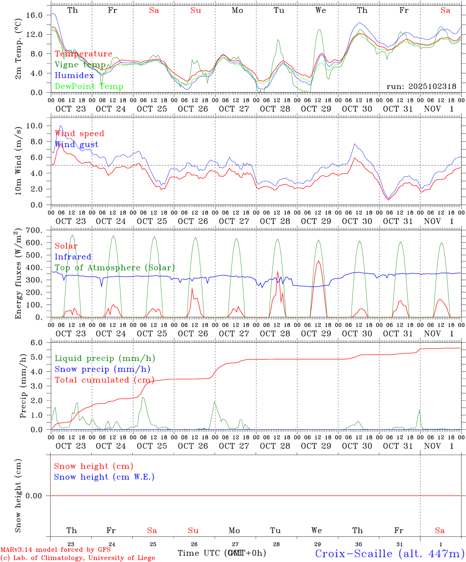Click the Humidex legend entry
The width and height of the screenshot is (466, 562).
(x=74, y=76)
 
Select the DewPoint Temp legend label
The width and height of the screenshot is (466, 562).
(x=89, y=87)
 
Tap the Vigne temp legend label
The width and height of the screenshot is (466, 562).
(x=80, y=65)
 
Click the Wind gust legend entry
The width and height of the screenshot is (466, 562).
(x=76, y=144)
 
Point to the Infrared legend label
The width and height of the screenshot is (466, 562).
(x=73, y=257)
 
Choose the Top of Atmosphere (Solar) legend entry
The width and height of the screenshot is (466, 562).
(x=114, y=268)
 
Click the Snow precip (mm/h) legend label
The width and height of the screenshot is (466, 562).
(x=102, y=369)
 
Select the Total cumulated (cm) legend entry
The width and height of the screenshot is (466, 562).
(x=104, y=380)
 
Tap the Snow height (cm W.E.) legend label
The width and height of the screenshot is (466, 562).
(x=104, y=477)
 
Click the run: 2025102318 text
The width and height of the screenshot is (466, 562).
(x=421, y=87)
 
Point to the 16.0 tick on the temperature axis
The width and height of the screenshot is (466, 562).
(x=34, y=15)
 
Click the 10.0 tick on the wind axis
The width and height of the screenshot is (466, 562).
(x=34, y=126)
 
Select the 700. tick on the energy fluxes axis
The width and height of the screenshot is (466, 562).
(x=34, y=230)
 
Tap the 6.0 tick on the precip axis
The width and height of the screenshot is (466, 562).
(x=36, y=343)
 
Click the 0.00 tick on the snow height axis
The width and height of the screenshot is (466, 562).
(x=34, y=496)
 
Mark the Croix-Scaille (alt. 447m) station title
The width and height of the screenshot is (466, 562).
(x=390, y=553)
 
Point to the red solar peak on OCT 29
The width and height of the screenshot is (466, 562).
(x=318, y=261)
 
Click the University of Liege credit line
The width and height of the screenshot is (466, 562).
(x=78, y=558)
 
